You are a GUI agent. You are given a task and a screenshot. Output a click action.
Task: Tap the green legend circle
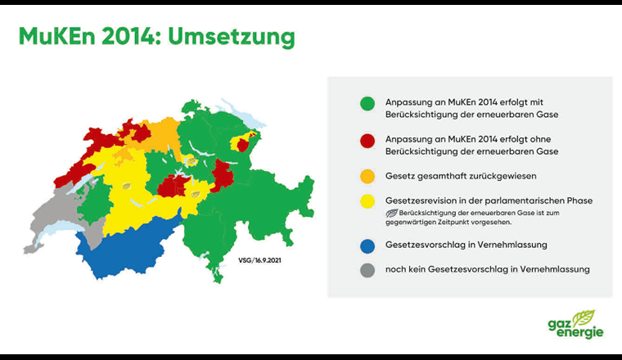[367, 104]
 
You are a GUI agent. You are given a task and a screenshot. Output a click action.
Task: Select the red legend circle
[367, 145]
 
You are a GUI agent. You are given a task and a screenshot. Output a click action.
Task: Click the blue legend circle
[367, 245]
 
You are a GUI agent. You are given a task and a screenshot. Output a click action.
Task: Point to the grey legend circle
[367, 269]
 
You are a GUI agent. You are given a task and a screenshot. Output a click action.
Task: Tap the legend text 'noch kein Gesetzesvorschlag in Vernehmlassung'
[488, 269]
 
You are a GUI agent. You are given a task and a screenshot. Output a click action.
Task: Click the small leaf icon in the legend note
[392, 213]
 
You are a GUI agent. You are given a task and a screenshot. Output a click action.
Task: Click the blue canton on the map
[131, 249]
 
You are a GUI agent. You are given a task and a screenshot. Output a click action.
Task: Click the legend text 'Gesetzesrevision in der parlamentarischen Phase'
[489, 200]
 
